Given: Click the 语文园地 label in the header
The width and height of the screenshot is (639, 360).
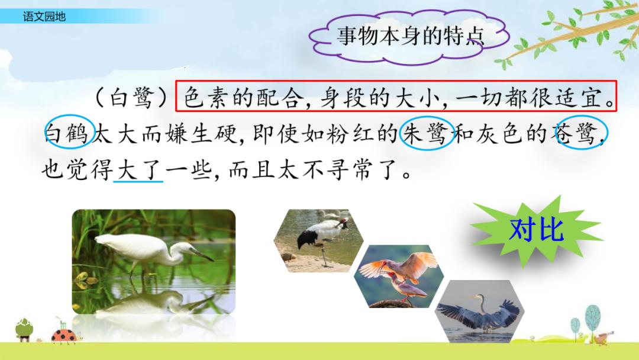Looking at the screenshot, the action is (44, 17).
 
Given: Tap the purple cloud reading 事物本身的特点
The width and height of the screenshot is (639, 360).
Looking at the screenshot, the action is (409, 36).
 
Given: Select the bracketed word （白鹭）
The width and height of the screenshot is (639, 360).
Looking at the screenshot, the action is (131, 98).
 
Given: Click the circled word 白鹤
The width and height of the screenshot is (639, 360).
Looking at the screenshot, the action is (69, 132).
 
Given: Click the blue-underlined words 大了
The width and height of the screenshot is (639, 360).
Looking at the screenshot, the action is (138, 169).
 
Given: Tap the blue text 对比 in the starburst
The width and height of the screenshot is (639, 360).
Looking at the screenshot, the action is (537, 230).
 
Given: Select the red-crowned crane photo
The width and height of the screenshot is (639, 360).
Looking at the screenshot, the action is (318, 241).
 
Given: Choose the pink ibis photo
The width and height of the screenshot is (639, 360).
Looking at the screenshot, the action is (399, 276).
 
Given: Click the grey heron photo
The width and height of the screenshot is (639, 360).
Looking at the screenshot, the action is (480, 311).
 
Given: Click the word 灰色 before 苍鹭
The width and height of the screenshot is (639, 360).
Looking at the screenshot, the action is (498, 133).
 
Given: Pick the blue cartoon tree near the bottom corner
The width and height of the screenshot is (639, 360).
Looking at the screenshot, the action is (592, 318).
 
